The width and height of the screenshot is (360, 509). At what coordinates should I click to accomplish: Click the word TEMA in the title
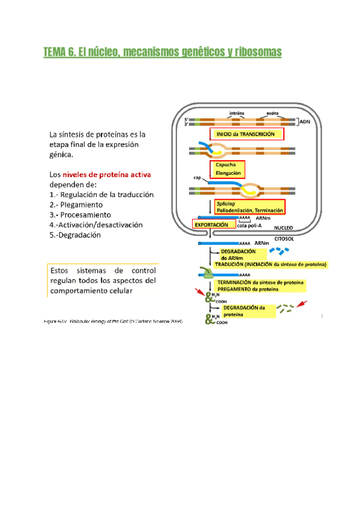coord(56,53)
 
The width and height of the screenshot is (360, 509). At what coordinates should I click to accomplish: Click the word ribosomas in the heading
coord(257,53)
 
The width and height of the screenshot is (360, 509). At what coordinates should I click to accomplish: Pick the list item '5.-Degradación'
coord(75,235)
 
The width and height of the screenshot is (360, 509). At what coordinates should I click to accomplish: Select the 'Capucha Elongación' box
coord(226,169)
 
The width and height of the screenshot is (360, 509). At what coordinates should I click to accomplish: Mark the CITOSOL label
coord(284,238)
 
